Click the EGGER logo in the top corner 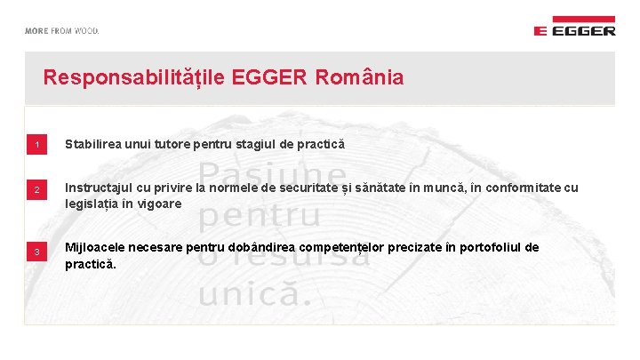(574, 27)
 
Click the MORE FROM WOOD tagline (61, 30)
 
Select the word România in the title (359, 77)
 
